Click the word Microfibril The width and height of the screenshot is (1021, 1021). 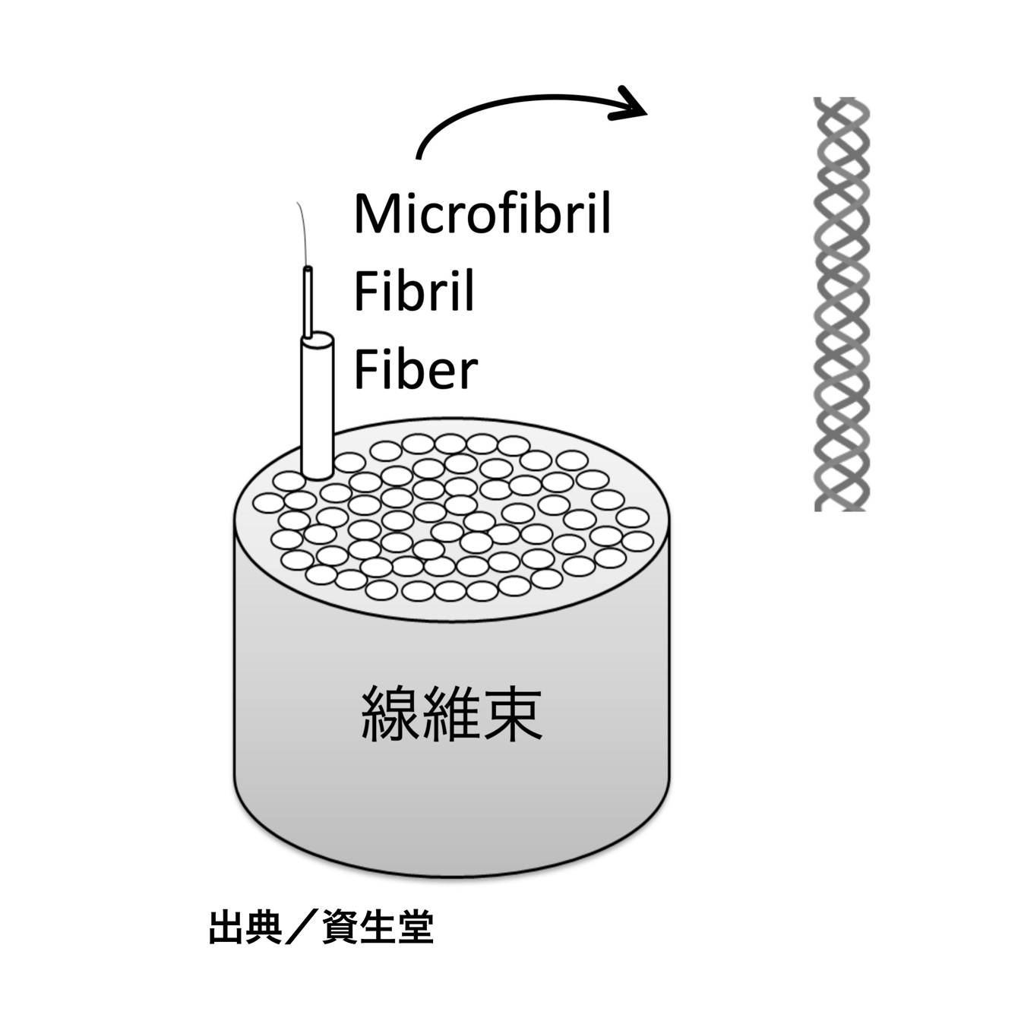482,213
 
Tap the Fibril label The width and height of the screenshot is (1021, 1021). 414,291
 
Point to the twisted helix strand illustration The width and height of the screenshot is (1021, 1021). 842,304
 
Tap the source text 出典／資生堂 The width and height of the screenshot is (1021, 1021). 321,928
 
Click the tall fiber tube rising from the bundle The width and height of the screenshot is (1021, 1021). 318,406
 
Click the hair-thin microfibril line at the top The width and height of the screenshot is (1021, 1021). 302,233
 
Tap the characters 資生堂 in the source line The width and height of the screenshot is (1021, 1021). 378,928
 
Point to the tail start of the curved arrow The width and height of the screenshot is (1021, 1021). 419,157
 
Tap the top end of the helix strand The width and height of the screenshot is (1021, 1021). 842,99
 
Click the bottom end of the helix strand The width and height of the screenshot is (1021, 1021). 842,509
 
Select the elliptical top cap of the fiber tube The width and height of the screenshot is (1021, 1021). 318,340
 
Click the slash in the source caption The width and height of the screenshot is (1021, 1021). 302,928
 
